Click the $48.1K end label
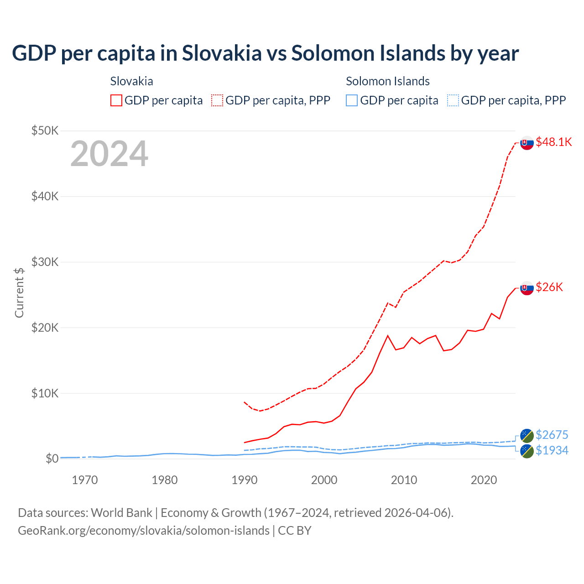(553, 142)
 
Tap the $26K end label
(549, 287)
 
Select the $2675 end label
(552, 435)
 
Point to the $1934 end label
(552, 450)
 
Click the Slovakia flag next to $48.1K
(527, 143)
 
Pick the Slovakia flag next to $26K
(527, 288)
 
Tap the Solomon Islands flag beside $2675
(527, 436)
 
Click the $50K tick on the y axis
(45, 131)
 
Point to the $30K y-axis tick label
(45, 262)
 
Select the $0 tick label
(52, 459)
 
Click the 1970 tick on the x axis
(85, 480)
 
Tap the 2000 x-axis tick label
(324, 480)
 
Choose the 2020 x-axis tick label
(484, 480)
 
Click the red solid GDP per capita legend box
(116, 100)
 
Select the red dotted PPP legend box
(217, 100)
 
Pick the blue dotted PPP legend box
(453, 100)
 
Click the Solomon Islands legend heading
(387, 81)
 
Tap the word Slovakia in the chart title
(222, 53)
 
